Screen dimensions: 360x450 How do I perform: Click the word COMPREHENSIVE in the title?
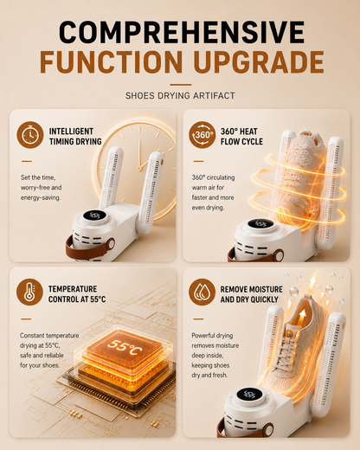[x=182, y=32]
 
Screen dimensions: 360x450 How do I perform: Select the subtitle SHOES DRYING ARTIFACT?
[x=180, y=95]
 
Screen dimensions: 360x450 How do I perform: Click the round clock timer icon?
[x=30, y=135]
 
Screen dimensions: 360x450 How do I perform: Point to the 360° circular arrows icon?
[x=202, y=135]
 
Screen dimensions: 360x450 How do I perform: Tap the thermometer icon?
[x=29, y=292]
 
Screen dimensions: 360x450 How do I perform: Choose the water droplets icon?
[x=202, y=292]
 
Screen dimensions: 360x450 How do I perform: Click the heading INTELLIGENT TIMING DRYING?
[x=75, y=137]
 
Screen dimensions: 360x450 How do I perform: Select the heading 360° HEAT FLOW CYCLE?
[x=241, y=137]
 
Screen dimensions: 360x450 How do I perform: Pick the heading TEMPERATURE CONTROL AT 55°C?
[x=77, y=294]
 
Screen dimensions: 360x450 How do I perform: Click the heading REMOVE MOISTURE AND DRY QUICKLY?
[x=252, y=294]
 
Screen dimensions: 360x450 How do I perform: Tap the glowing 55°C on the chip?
[x=125, y=347]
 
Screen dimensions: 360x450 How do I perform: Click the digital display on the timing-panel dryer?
[x=94, y=215]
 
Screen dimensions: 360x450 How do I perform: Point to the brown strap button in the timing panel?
[x=111, y=245]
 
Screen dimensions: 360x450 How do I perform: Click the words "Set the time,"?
[x=38, y=177]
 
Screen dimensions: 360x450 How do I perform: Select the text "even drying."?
[x=208, y=208]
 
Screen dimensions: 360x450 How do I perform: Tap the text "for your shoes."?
[x=40, y=365]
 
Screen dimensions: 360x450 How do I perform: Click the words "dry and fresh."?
[x=209, y=375]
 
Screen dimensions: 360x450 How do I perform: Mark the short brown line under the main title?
[x=181, y=85]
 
